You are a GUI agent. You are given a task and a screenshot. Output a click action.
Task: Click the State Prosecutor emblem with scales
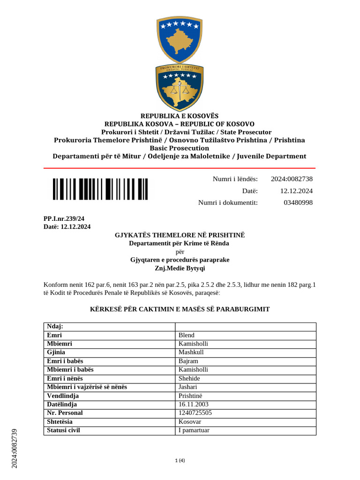[x=180, y=88]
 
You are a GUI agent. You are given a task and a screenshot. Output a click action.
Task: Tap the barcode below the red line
[x=100, y=189]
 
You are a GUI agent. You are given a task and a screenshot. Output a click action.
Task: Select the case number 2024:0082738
[x=292, y=179]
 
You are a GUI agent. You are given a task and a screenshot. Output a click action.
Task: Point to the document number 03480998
[x=298, y=202]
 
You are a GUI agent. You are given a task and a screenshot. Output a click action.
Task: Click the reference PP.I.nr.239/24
[x=64, y=218]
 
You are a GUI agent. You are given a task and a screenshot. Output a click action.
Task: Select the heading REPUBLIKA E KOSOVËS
[x=180, y=116]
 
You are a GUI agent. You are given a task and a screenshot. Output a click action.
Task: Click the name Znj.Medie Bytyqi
[x=180, y=269]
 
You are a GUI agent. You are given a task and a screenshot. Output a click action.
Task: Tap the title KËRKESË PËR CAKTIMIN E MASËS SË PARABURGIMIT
[x=180, y=309]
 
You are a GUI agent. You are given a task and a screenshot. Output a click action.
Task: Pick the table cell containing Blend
[x=187, y=335]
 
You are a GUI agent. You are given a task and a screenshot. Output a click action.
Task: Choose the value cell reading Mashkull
[x=191, y=352]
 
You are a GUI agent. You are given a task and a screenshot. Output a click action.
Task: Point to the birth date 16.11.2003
[x=194, y=404]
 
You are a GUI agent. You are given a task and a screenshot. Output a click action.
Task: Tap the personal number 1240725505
[x=195, y=412]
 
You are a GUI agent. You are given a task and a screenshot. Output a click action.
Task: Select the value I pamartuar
[x=194, y=430]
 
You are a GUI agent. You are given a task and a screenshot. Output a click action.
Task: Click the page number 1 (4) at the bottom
[x=180, y=460]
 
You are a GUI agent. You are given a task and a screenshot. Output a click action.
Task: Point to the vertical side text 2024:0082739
[x=14, y=448]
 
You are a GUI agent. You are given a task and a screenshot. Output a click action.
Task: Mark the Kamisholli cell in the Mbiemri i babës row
[x=193, y=369]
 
